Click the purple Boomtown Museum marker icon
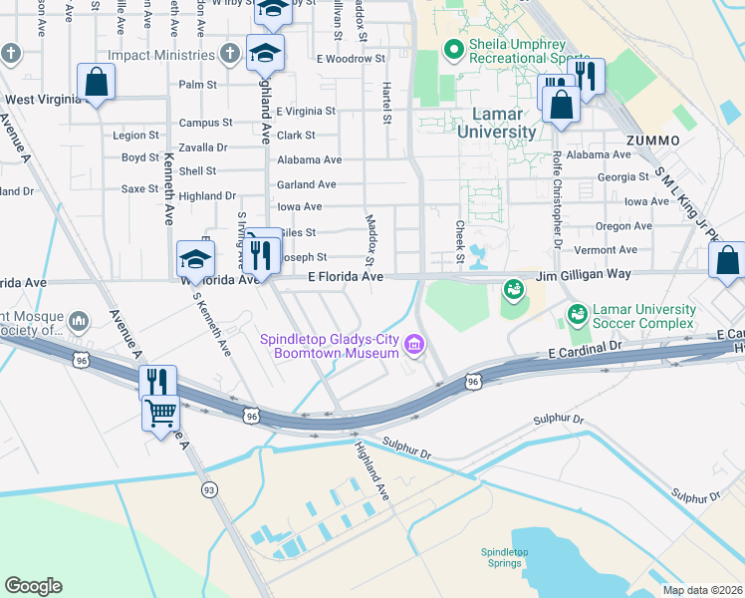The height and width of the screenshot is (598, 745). click(x=415, y=347)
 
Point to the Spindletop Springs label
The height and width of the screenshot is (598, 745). click(x=501, y=557)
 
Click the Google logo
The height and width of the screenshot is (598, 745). click(x=33, y=586)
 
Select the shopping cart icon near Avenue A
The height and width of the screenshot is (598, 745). click(x=160, y=412)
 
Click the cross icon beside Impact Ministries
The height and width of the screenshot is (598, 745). click(x=230, y=52)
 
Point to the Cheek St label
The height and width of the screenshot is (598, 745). click(x=460, y=243)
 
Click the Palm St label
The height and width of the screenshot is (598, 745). click(x=198, y=85)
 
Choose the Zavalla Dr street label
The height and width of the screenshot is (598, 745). click(x=202, y=147)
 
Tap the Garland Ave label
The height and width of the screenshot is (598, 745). click(x=307, y=184)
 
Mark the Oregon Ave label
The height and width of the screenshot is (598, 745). click(x=623, y=226)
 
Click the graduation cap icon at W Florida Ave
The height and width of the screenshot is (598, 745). click(x=195, y=259)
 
